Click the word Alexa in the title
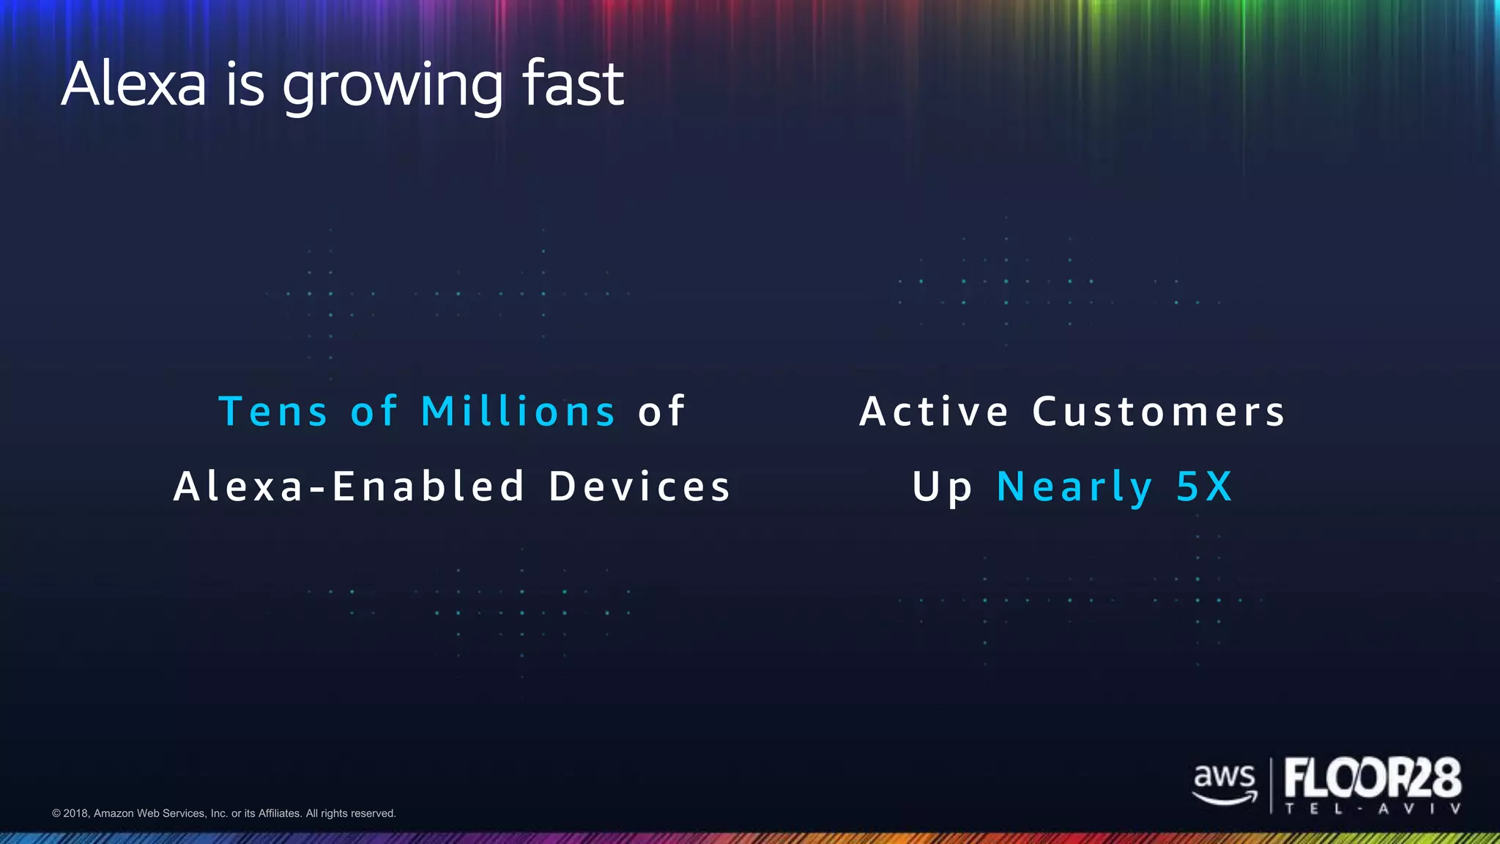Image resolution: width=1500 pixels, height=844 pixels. tap(134, 84)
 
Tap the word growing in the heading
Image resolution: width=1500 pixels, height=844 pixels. tap(393, 86)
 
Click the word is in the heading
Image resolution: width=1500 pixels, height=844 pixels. tap(244, 84)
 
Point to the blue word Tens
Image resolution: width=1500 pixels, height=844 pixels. tap(273, 412)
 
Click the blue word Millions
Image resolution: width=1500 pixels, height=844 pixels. tap(518, 412)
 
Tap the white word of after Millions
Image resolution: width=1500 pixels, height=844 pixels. tap(661, 412)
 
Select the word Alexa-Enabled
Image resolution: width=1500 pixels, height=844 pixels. tap(349, 487)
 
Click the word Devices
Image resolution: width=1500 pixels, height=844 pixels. tap(640, 487)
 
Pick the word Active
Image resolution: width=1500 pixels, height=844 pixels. tap(935, 412)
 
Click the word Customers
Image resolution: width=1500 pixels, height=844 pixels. tap(1159, 412)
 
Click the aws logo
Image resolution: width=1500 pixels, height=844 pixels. tap(1224, 782)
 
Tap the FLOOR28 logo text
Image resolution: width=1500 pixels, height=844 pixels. tap(1373, 778)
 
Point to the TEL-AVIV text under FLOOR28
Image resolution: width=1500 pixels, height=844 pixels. tap(1373, 809)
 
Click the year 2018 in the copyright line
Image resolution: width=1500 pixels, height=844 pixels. tap(75, 813)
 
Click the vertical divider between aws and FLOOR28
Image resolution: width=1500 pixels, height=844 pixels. tap(1271, 785)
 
